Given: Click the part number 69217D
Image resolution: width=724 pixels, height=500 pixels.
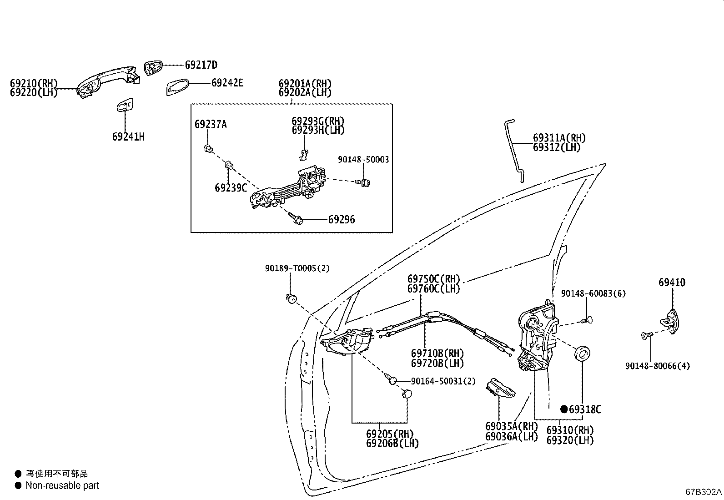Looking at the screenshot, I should tap(201, 65).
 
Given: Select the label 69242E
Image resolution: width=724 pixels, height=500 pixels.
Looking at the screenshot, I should tap(227, 83).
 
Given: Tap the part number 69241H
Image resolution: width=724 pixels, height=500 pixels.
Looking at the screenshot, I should tap(128, 136).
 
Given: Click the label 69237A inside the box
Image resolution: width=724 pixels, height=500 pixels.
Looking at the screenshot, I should tap(210, 124).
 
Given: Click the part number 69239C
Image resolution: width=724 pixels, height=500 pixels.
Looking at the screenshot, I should tap(231, 187).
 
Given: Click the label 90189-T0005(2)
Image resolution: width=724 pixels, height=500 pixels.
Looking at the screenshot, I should tap(297, 268).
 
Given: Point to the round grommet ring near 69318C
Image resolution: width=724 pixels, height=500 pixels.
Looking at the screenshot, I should tap(583, 353).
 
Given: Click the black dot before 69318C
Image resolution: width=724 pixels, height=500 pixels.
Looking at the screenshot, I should tap(564, 409).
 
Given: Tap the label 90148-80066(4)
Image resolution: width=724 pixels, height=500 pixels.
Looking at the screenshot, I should tap(657, 366).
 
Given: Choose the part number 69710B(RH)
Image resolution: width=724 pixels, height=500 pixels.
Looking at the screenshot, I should tap(437, 354).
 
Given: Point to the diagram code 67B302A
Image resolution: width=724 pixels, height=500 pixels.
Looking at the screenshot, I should tap(703, 492).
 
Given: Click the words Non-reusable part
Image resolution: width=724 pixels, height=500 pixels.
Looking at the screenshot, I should tap(62, 485).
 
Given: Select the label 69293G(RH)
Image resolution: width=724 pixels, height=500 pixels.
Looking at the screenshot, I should tap(318, 121).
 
